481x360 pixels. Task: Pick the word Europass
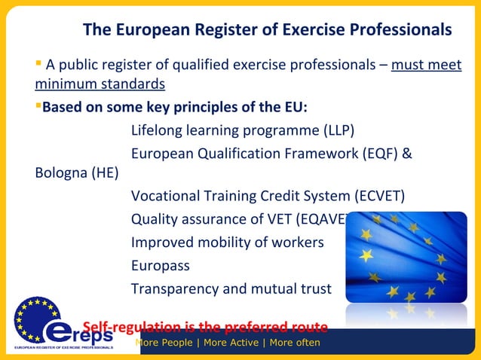click(161, 266)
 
